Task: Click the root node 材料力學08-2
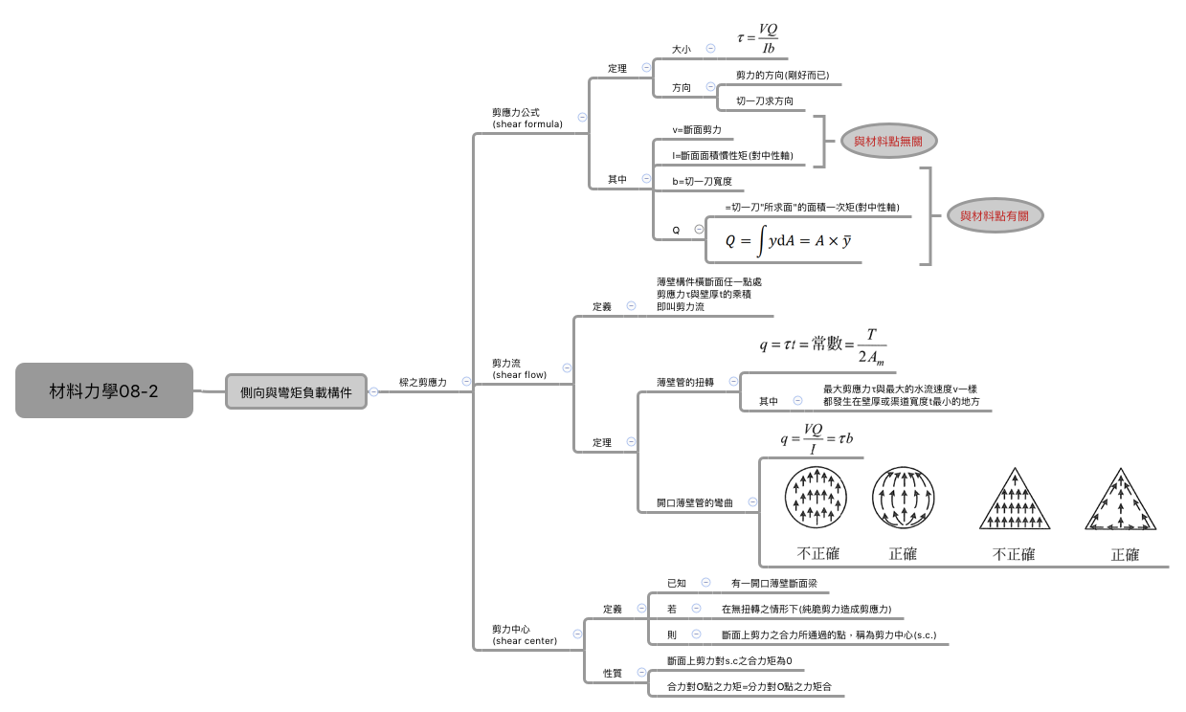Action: click(x=103, y=390)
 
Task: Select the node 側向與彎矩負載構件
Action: click(x=297, y=391)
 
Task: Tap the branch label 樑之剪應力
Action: click(x=422, y=382)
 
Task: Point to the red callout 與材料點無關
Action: click(x=888, y=142)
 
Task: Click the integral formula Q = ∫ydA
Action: click(x=788, y=241)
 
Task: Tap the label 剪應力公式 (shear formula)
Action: click(x=526, y=118)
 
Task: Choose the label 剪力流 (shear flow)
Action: click(x=519, y=368)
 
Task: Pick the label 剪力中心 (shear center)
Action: click(x=524, y=634)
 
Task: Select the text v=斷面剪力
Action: click(x=697, y=129)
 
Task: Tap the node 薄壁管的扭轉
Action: click(x=685, y=382)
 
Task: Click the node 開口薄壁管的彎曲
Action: click(x=694, y=501)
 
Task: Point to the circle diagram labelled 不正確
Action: click(x=817, y=497)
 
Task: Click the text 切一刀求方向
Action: click(x=764, y=100)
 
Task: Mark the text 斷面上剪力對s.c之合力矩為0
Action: click(x=729, y=660)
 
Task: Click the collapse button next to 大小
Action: click(x=710, y=48)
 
